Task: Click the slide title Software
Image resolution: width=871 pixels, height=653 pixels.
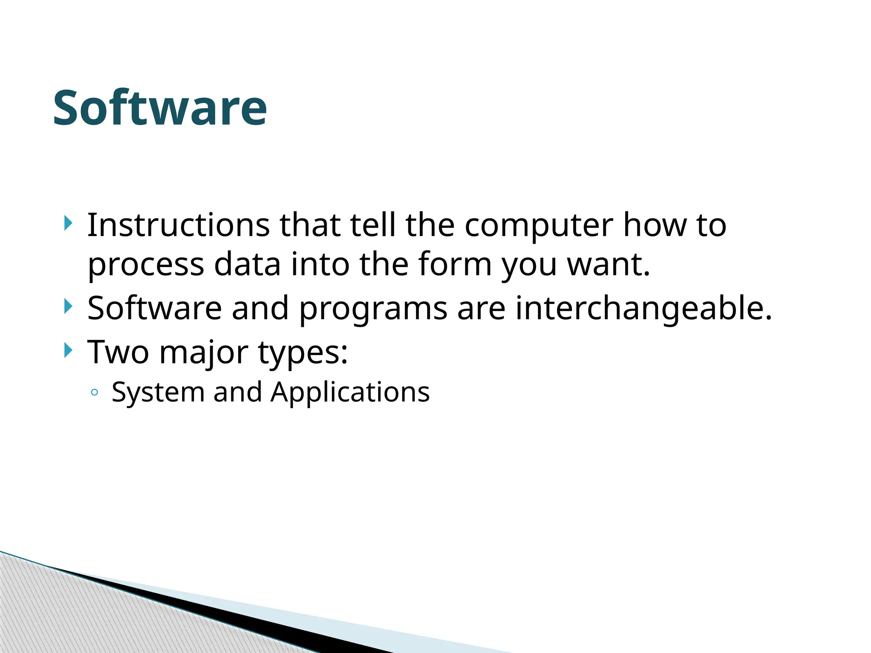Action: tap(160, 108)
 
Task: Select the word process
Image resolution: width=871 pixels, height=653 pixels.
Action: tap(146, 265)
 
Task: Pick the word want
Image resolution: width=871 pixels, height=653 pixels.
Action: tap(609, 264)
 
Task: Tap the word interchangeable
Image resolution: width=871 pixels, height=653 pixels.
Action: tap(643, 308)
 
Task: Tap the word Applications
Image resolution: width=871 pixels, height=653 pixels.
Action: tap(350, 392)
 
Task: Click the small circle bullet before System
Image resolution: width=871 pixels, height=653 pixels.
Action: tap(94, 392)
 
